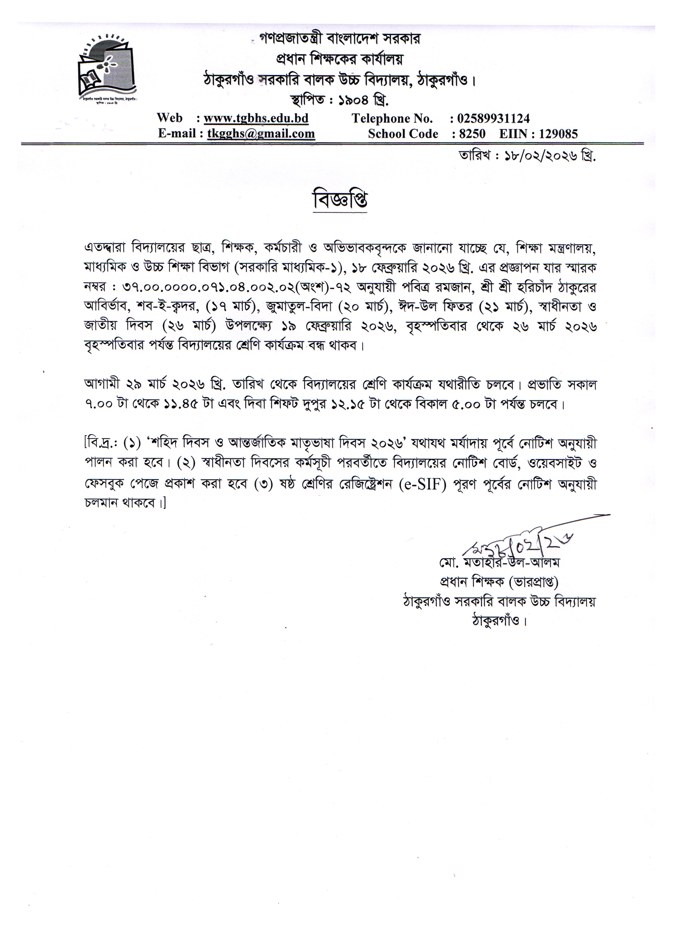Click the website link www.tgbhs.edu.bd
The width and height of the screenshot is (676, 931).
[x=256, y=118]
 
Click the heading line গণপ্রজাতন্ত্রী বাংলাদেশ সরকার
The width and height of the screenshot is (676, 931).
[x=340, y=39]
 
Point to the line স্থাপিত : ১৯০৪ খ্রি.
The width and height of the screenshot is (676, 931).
[x=340, y=99]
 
